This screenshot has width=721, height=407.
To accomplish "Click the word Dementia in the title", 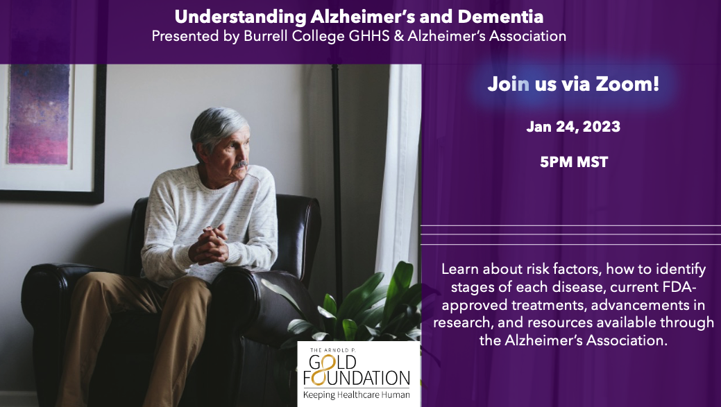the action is click(500, 17).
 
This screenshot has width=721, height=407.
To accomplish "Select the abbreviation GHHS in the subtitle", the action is click(368, 36).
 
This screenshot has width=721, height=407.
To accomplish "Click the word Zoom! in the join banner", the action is click(627, 84).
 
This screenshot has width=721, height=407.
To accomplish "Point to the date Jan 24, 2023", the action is click(573, 126).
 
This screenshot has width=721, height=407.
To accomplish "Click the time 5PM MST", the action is click(574, 162).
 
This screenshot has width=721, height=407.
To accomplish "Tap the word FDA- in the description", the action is click(678, 286).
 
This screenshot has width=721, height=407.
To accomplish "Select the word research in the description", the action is click(460, 322).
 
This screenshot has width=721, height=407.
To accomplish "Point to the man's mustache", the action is click(239, 164).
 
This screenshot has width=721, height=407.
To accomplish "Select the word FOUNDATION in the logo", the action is click(357, 378).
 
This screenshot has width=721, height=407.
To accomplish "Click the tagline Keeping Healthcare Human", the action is click(357, 395).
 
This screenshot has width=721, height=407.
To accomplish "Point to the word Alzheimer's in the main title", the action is click(371, 17).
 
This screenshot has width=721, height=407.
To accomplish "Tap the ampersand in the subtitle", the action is click(398, 36).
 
